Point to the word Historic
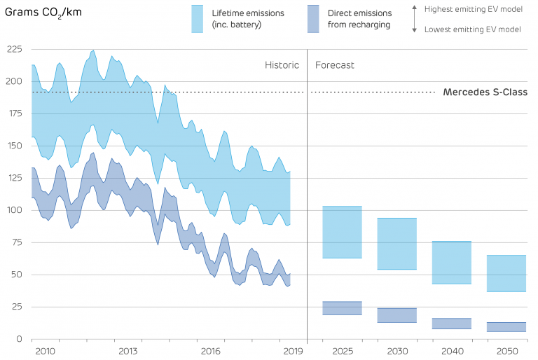point(282,65)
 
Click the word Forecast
point(335,65)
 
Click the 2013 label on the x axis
point(128,351)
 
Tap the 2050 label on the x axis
point(506,351)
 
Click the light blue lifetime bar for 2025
point(342,232)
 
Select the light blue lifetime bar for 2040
point(451,262)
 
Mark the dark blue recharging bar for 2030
point(396,315)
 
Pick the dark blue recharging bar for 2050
point(506,326)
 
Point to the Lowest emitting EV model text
point(471,29)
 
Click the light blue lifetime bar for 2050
point(506,273)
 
